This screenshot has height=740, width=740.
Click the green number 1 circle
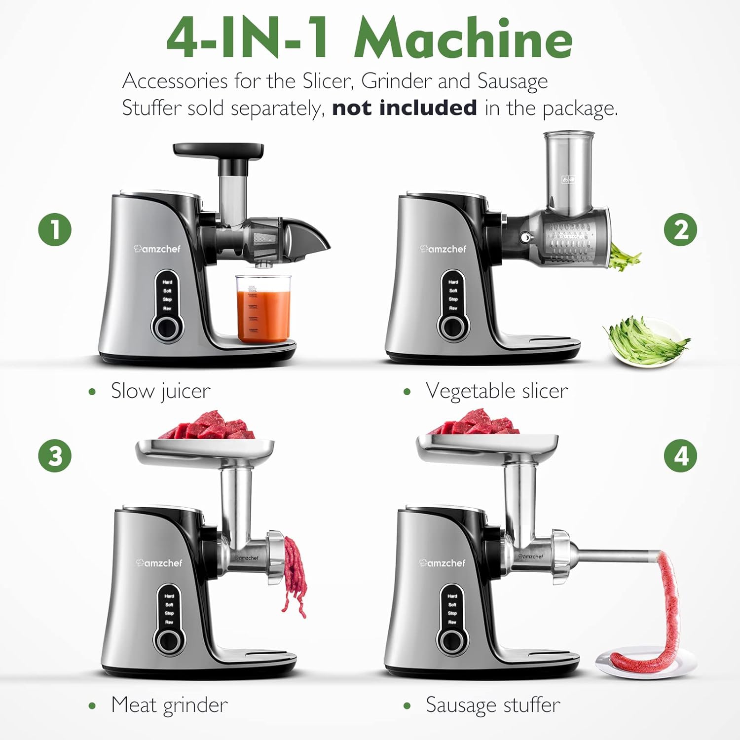coord(55,229)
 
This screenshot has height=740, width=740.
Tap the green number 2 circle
coord(680,229)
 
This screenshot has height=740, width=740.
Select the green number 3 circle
coord(55,455)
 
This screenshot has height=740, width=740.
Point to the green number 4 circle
coord(680,455)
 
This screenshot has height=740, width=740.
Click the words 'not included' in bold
coord(404,108)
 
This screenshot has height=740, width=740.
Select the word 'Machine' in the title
coord(463,38)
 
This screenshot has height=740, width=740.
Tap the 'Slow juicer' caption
coord(160,391)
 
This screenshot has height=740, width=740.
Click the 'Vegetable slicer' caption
coord(496,391)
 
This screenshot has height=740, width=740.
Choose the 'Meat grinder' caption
coord(169,704)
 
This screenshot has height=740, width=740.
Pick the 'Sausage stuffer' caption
coord(493,704)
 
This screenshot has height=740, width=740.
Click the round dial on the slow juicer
coord(167,327)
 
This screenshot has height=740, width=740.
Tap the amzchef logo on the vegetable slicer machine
coord(443,249)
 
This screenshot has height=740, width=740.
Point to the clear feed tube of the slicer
coord(569,173)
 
